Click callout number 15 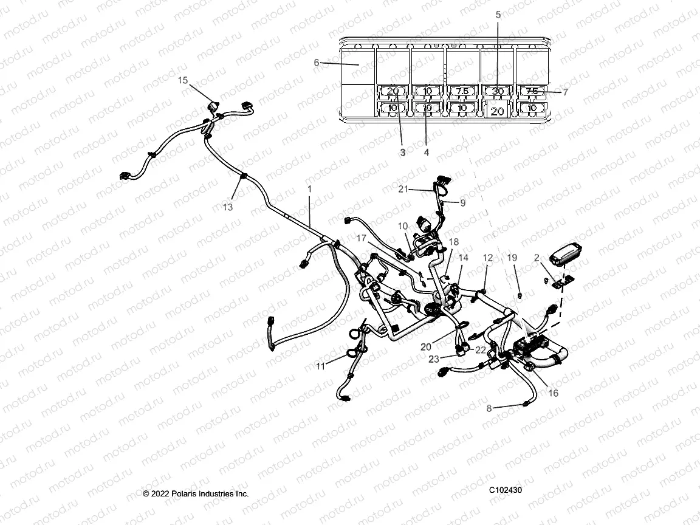pos(183,80)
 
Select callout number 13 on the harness pos(227,207)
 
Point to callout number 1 pos(309,190)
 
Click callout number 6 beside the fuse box pos(317,62)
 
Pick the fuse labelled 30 pos(498,91)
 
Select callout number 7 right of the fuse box pos(565,92)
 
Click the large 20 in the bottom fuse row pos(497,111)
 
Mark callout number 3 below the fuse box pos(402,153)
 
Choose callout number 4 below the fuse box pos(426,153)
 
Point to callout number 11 pos(320,366)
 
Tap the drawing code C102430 pos(506,490)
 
